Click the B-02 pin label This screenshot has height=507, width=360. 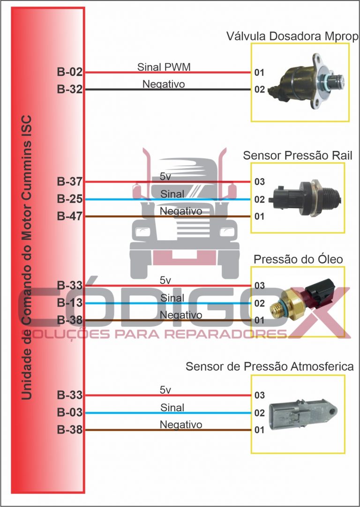tap(69, 72)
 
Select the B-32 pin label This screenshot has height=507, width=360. tap(69, 89)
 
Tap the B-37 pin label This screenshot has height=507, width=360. tap(69, 181)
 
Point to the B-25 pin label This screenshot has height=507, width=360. tap(69, 199)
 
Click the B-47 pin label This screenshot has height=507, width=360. tap(69, 216)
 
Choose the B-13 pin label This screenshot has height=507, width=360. tap(69, 303)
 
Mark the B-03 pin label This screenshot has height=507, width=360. tap(69, 412)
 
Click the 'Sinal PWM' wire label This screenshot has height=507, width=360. tap(164, 67)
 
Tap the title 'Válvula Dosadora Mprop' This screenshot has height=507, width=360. tap(292, 36)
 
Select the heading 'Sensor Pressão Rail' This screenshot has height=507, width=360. tap(298, 156)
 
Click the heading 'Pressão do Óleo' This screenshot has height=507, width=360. tap(298, 259)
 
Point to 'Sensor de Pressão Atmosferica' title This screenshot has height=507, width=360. tap(270, 366)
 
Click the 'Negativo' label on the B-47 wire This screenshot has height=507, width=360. tap(181, 211)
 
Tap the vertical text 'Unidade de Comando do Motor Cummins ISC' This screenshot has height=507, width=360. tap(27, 258)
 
